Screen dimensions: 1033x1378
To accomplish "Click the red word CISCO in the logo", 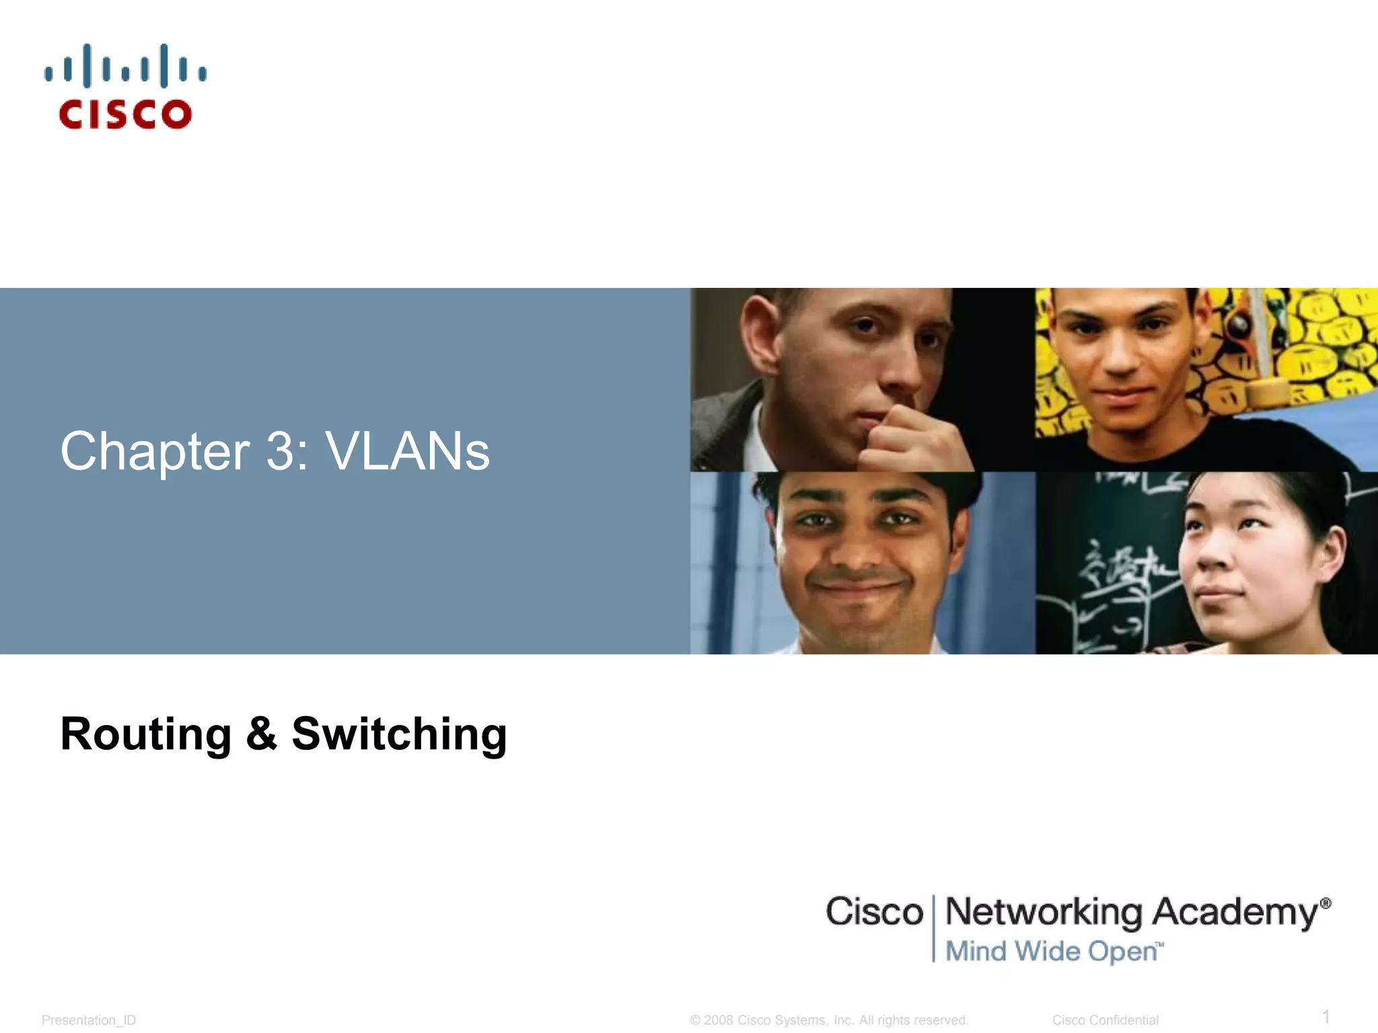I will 126,114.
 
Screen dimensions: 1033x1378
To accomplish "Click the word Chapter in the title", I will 155,451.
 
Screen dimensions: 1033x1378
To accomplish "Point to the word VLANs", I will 408,451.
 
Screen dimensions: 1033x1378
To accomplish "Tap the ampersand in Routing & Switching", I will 262,734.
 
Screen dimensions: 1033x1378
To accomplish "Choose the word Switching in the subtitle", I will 399,734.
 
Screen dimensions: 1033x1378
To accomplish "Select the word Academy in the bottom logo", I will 1235,913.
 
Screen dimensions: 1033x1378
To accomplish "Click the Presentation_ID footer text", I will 89,1020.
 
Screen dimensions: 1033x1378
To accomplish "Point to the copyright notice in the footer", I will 829,1020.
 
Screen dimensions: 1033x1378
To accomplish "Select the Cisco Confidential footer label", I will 1105,1020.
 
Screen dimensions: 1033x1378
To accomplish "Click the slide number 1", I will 1326,1016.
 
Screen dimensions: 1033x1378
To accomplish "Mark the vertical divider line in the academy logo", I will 934,928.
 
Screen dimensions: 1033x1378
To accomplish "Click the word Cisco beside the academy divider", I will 874,913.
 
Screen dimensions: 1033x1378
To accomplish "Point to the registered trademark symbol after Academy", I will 1326,903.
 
